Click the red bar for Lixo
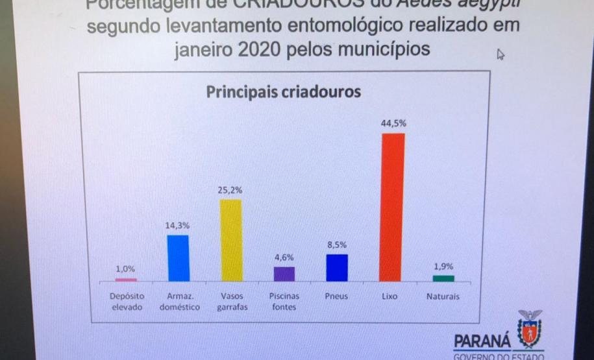click(392, 207)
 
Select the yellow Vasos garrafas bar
click(231, 240)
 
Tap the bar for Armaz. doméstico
click(178, 258)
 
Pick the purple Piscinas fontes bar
click(284, 274)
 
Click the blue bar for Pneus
click(337, 267)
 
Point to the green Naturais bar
click(443, 278)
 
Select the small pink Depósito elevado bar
click(126, 280)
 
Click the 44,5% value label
click(393, 123)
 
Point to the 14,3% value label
click(178, 225)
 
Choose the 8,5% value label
click(336, 245)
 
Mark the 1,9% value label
click(443, 266)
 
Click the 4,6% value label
click(284, 258)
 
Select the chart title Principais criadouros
click(283, 91)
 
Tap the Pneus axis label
click(336, 296)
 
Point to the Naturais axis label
click(443, 296)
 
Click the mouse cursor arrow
click(501, 54)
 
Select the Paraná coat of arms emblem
click(530, 330)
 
